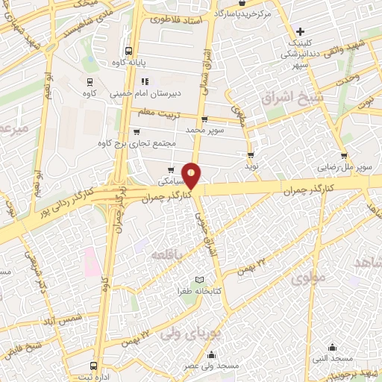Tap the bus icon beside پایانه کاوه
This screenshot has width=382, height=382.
(x=130, y=51)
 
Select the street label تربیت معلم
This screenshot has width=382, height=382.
(x=159, y=111)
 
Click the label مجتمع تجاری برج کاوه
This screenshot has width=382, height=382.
(x=132, y=143)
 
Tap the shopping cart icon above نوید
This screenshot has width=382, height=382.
(x=251, y=155)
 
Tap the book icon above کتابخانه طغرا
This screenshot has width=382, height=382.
(x=198, y=278)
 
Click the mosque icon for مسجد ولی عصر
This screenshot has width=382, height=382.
(x=213, y=355)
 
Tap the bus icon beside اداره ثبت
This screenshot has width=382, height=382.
(x=93, y=366)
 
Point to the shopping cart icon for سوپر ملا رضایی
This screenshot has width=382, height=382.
(x=343, y=156)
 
